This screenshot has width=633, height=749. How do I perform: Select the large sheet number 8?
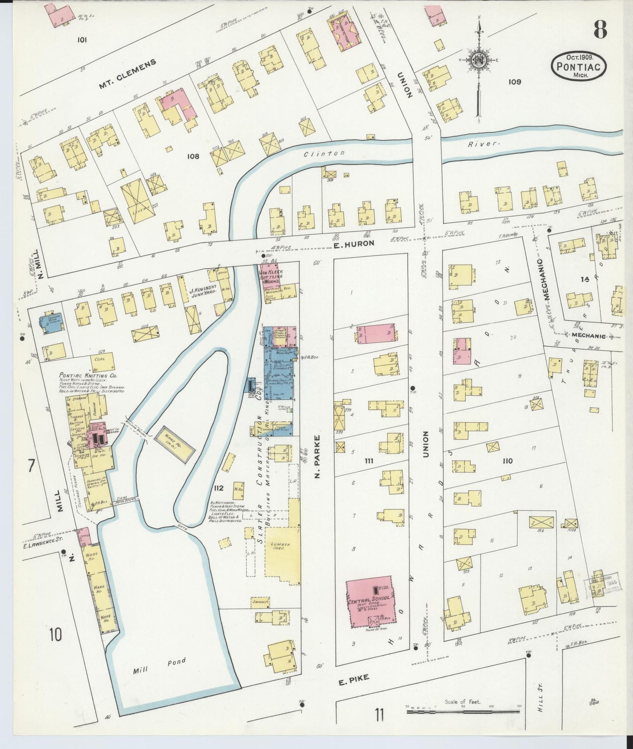(x=600, y=30)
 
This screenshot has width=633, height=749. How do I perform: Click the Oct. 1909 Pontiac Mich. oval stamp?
(x=579, y=65)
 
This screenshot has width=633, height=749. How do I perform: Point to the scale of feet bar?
(x=463, y=712)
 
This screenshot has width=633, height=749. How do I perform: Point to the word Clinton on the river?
(x=325, y=153)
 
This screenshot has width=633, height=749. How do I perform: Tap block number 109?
(x=515, y=81)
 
